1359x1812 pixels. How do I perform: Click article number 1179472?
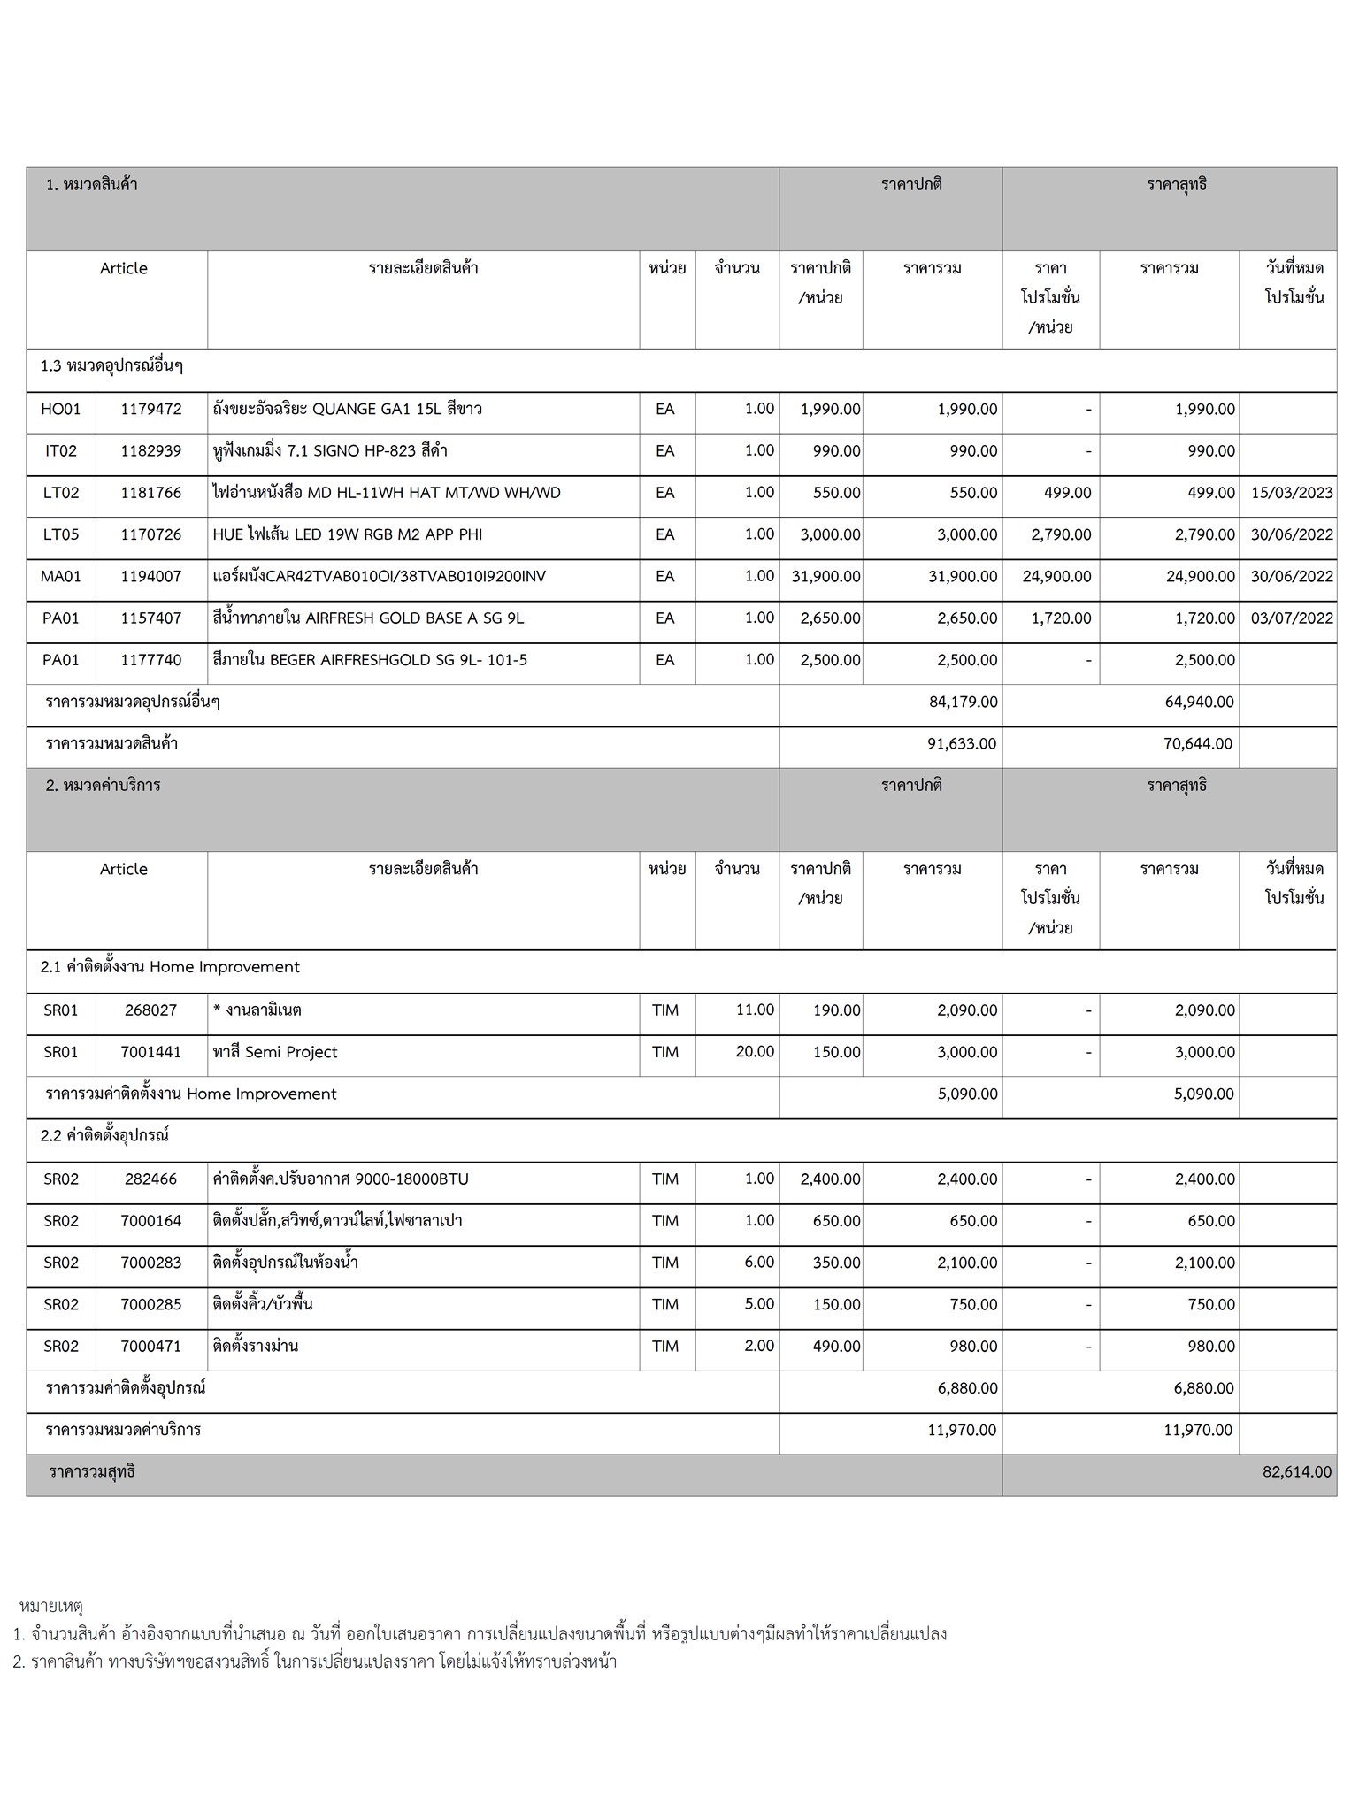coord(150,409)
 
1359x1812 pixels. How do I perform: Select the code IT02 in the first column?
coord(60,451)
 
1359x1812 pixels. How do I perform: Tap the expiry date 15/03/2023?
coord(1292,493)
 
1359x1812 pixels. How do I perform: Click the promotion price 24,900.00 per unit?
coord(1056,577)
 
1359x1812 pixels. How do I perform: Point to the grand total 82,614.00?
coord(1296,1472)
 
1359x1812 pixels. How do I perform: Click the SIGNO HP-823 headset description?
coord(330,451)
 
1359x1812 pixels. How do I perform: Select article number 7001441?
coord(150,1052)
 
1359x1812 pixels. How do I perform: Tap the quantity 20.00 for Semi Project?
coord(755,1051)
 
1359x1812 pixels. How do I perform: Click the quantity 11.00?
coord(755,1010)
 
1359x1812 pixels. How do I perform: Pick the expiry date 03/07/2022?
coord(1292,618)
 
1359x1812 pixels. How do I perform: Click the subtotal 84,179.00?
coord(963,702)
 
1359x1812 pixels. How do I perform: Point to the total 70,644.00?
coord(1197,744)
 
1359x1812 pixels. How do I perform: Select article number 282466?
coord(150,1179)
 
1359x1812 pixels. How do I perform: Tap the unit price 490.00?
coord(836,1347)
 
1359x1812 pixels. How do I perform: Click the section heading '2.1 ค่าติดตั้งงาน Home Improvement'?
coord(170,967)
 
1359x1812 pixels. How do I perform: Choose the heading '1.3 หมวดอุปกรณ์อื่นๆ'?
coord(111,366)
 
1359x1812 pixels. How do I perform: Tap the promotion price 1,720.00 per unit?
coord(1061,618)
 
